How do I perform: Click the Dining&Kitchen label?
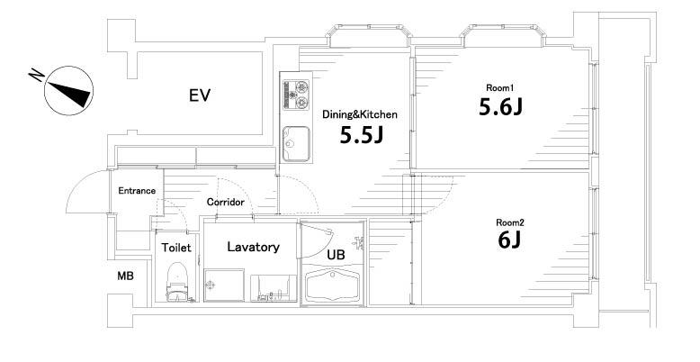click(360, 114)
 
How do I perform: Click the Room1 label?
click(498, 87)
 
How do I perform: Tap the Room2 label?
click(509, 222)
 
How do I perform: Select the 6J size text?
click(508, 242)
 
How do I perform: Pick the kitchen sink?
click(295, 143)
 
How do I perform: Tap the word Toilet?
click(175, 247)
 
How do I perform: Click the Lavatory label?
click(253, 247)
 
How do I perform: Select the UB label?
click(336, 255)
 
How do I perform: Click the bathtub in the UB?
click(334, 288)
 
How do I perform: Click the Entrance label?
click(137, 191)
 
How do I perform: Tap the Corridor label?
click(226, 203)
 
